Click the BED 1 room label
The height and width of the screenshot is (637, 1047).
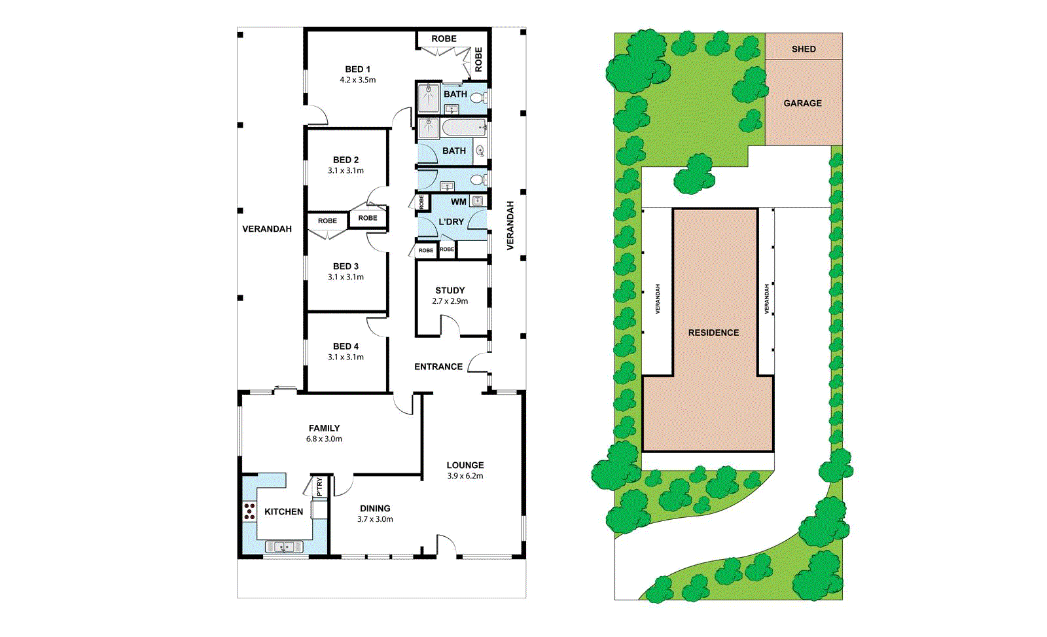pyautogui.click(x=357, y=69)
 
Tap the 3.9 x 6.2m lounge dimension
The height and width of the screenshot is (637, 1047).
pyautogui.click(x=465, y=476)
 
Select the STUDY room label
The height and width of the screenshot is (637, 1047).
pyautogui.click(x=450, y=290)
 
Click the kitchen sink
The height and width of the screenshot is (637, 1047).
pyautogui.click(x=283, y=547)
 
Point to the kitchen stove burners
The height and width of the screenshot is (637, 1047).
pyautogui.click(x=249, y=511)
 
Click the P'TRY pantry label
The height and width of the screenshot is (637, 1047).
pyautogui.click(x=319, y=486)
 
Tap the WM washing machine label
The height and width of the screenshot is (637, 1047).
pyautogui.click(x=458, y=202)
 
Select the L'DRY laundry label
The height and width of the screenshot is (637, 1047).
pyautogui.click(x=451, y=222)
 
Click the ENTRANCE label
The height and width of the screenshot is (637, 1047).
pyautogui.click(x=438, y=367)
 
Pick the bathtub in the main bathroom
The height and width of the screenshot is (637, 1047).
pyautogui.click(x=463, y=127)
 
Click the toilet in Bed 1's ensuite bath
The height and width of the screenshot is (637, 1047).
pyautogui.click(x=478, y=99)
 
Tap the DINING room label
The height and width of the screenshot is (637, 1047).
pyautogui.click(x=375, y=508)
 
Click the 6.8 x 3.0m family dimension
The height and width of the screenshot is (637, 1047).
pyautogui.click(x=324, y=439)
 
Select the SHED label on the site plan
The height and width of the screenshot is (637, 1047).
pyautogui.click(x=804, y=49)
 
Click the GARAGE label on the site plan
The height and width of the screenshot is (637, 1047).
pyautogui.click(x=802, y=103)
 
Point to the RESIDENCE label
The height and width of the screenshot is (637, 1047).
pyautogui.click(x=713, y=333)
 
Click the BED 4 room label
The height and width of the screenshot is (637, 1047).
pyautogui.click(x=346, y=346)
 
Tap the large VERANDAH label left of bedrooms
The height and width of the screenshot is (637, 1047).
pyautogui.click(x=267, y=228)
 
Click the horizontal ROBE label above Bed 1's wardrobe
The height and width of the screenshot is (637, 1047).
pyautogui.click(x=444, y=39)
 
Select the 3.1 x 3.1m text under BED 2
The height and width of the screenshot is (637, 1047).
pyautogui.click(x=346, y=170)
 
